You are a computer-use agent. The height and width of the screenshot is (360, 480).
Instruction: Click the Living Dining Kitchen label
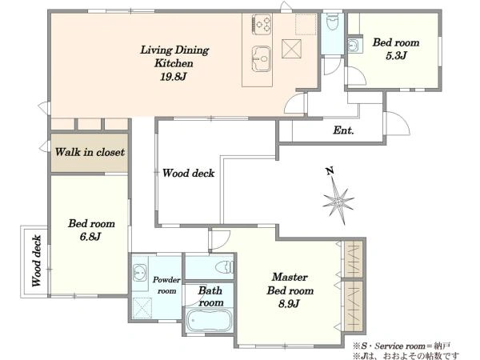pyautogui.click(x=174, y=56)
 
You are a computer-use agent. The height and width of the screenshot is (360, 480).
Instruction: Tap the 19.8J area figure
pyautogui.click(x=174, y=77)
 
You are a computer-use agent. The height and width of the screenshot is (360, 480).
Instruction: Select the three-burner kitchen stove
pyautogui.click(x=262, y=24)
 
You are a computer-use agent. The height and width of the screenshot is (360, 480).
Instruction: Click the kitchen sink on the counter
pyautogui.click(x=261, y=58)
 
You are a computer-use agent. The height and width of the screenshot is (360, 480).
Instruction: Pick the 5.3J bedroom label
pyautogui.click(x=396, y=49)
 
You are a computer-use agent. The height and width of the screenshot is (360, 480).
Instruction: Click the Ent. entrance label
pyautogui.click(x=343, y=130)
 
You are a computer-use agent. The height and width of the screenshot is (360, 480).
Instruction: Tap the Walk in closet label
pyautogui.click(x=90, y=152)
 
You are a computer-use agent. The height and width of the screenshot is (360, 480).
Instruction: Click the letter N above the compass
pyautogui.click(x=330, y=171)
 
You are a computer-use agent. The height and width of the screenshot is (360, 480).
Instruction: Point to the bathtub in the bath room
pyautogui.click(x=209, y=320)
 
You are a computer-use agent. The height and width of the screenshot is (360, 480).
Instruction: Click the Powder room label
pyautogui.click(x=166, y=285)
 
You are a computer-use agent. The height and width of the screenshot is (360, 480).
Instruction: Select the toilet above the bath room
pyautogui.click(x=225, y=266)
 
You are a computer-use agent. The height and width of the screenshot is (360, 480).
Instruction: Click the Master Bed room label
pyautogui.click(x=290, y=284)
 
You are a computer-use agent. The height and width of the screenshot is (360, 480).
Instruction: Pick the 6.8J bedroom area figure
pyautogui.click(x=90, y=237)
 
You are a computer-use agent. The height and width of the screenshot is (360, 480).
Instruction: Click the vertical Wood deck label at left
pyautogui.click(x=37, y=261)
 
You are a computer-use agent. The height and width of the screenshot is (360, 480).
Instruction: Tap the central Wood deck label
pyautogui.click(x=188, y=174)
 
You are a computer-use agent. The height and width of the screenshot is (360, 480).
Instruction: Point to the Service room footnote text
pyautogui.click(x=402, y=346)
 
